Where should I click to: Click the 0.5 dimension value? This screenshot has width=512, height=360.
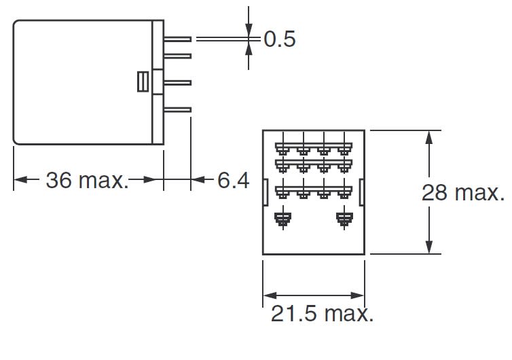(279, 40)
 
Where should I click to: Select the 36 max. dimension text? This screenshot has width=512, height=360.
(86, 181)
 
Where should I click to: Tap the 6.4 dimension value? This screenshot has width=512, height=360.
(234, 181)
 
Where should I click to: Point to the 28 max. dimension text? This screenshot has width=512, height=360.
(464, 192)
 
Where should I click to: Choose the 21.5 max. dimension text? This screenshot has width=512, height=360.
(322, 314)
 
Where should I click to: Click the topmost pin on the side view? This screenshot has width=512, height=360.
(178, 38)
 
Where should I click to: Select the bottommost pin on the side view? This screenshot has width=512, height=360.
(178, 109)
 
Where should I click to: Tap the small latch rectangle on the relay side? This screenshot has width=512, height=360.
(142, 82)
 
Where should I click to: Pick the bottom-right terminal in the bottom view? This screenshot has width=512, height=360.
(345, 219)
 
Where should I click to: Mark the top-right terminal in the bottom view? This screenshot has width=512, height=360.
(345, 146)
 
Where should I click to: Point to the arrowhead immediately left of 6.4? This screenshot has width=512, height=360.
(198, 180)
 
